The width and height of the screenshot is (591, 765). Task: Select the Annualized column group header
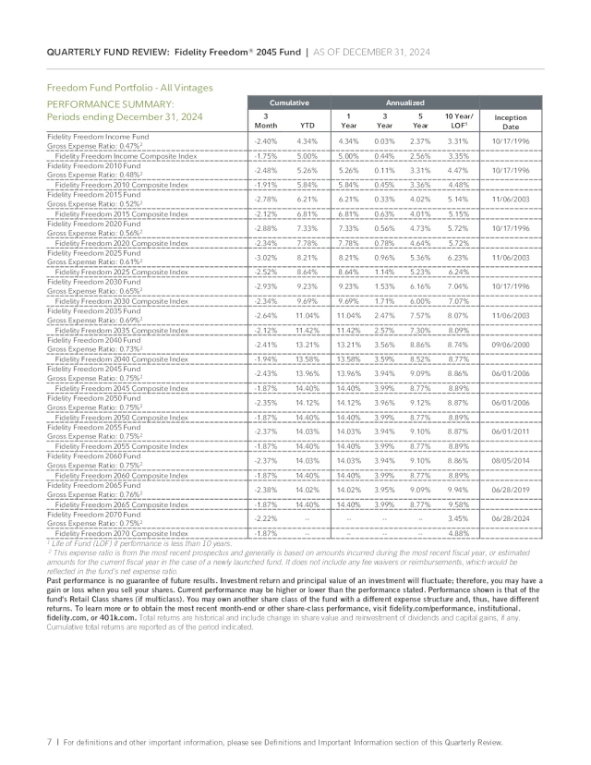pos(404,103)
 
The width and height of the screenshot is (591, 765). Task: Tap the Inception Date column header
pos(510,121)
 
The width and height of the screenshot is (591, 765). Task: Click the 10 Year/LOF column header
pos(459,121)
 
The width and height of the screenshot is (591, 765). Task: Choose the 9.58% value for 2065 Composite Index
pos(459,504)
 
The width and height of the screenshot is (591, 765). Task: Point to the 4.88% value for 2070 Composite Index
pos(459,533)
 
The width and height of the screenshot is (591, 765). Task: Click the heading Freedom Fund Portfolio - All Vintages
pos(129,87)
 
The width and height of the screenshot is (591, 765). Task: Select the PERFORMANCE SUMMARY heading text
pos(110,103)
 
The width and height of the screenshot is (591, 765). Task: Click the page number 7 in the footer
pos(49,741)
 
